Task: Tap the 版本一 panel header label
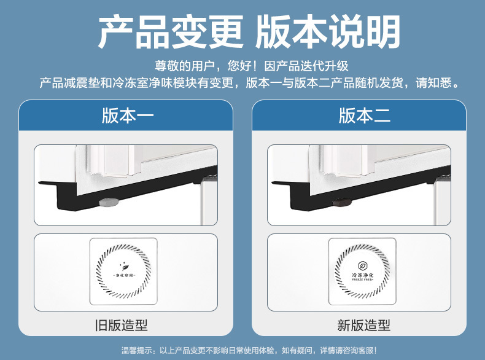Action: (127, 115)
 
